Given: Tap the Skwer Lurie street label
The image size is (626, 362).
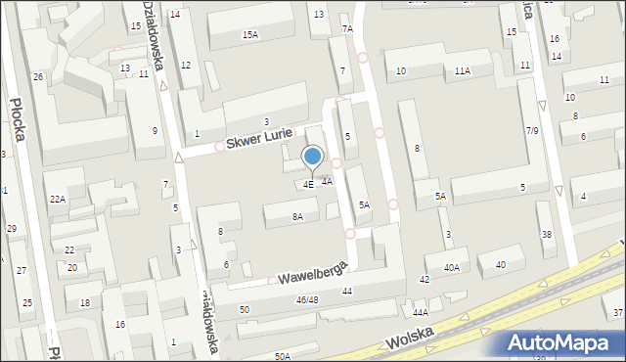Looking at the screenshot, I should click(x=258, y=140).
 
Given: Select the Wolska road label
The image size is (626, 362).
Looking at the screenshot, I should click(x=410, y=340).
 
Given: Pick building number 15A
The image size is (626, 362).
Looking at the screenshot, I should click(x=250, y=35).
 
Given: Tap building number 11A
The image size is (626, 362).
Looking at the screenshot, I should click(x=463, y=71).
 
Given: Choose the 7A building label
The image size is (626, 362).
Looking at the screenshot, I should click(x=347, y=29).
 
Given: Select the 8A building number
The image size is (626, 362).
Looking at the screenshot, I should click(x=297, y=217).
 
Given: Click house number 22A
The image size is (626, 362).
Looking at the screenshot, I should click(x=58, y=199).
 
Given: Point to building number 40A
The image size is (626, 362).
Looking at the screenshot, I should click(x=451, y=267).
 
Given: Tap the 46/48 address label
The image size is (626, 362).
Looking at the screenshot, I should click(x=307, y=299).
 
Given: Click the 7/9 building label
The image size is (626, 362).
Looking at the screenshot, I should click(x=533, y=130).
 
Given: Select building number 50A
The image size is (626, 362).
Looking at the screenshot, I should click(x=283, y=357).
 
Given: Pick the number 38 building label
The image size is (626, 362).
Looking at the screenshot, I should click(x=547, y=234).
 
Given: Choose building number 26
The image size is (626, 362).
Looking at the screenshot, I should click(x=38, y=76).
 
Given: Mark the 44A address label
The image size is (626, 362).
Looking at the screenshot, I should click(x=421, y=312).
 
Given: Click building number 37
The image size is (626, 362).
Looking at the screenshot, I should click(x=617, y=312).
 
